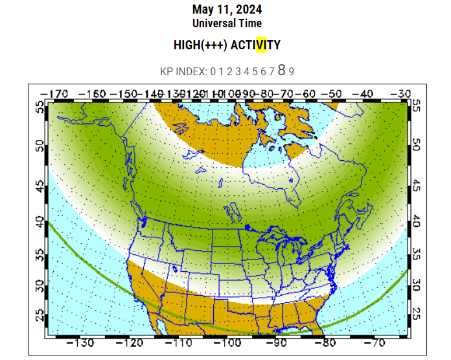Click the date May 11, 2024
227,10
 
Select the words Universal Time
227,23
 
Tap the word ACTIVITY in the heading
255,45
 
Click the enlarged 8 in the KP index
281,70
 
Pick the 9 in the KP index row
292,71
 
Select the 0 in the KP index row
213,71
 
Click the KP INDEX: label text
183,71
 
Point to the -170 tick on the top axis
54,94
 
